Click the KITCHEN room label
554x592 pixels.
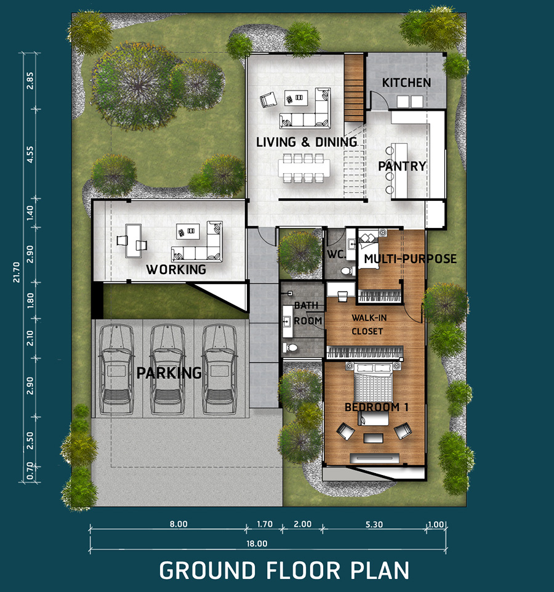tap(406, 83)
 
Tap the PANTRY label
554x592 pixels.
tap(403, 166)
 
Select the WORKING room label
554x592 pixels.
tap(176, 270)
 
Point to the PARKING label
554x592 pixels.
tap(169, 373)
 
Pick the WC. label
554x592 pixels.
tap(336, 254)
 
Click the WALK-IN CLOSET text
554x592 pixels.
tap(369, 325)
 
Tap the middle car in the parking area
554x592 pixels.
tap(168, 369)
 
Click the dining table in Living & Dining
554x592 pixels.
tap(304, 168)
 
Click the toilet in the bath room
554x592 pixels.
tap(291, 347)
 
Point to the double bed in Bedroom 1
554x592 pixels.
tap(373, 382)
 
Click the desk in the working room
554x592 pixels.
tap(134, 241)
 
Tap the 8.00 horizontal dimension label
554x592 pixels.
tap(179, 524)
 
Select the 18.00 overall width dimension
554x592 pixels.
tap(257, 544)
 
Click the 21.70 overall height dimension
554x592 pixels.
tap(17, 272)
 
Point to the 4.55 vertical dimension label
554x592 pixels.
tap(30, 155)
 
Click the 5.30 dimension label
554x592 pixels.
tap(374, 524)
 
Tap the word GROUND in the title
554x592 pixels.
tap(207, 570)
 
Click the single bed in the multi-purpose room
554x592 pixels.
tap(369, 250)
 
